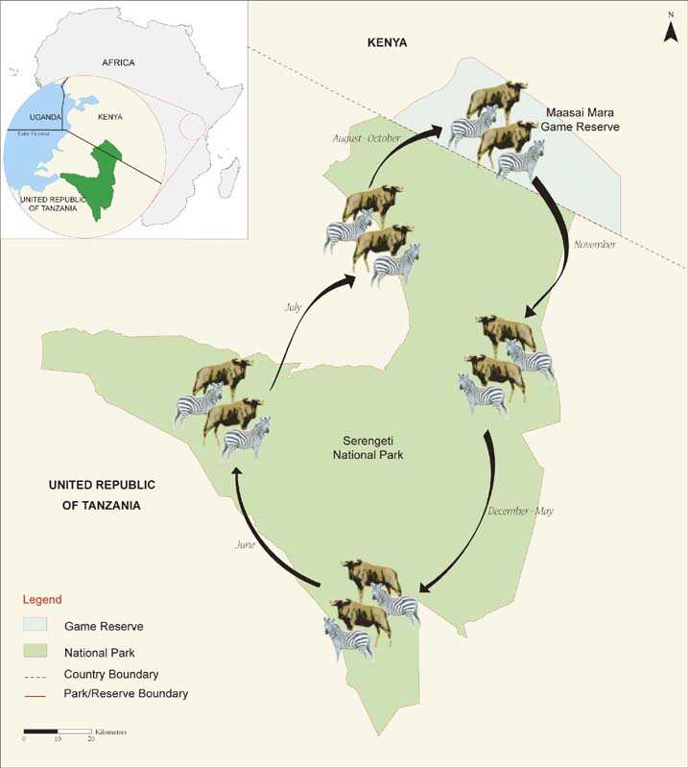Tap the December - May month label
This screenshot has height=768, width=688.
click(x=522, y=511)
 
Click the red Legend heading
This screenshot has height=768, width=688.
click(x=42, y=600)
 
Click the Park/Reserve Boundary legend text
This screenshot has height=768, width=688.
click(x=126, y=693)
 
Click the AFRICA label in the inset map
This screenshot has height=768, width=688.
click(x=119, y=62)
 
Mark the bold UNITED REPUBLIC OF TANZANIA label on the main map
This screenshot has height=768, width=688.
click(x=102, y=494)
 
